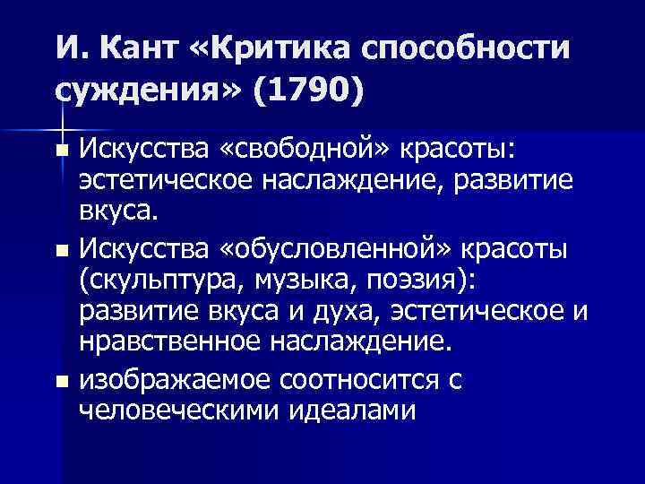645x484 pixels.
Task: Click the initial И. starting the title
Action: [66, 48]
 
